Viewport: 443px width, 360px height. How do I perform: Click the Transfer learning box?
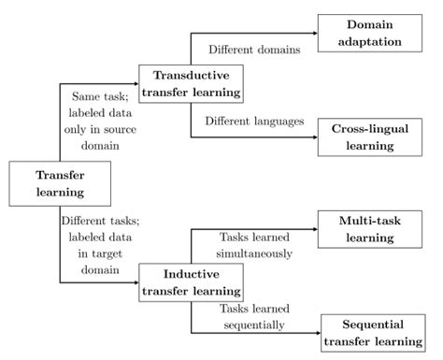(60, 183)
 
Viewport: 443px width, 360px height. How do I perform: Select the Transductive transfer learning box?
(191, 83)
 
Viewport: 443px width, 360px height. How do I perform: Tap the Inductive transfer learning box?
(191, 281)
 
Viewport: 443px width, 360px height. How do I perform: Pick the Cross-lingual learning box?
(372, 135)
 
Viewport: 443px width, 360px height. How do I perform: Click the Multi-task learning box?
(372, 228)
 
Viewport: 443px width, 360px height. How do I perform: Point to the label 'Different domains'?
(252, 50)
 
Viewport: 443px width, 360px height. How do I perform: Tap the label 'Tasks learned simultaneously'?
(256, 245)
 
